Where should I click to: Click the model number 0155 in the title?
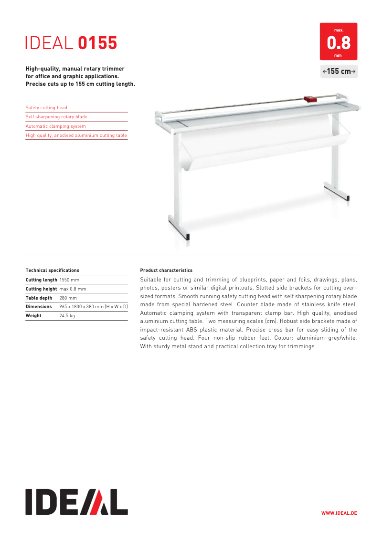97,43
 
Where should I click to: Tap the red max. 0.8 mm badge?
339,42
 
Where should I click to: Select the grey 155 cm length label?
339,72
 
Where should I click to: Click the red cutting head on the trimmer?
310,99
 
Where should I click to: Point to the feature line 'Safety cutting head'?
46,108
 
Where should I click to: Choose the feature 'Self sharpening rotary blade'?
56,117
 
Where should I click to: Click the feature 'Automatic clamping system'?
55,126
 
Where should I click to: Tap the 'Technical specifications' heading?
52,270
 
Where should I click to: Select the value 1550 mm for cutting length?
69,280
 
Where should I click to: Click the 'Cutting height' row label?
41,289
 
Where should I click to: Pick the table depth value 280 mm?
68,298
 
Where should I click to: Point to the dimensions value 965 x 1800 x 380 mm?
93,306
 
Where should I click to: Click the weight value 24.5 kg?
67,315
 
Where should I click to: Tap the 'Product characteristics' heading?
166,270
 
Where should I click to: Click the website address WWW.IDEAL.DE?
339,513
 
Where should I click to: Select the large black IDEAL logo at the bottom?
76,501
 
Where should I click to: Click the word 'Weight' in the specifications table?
33,315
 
